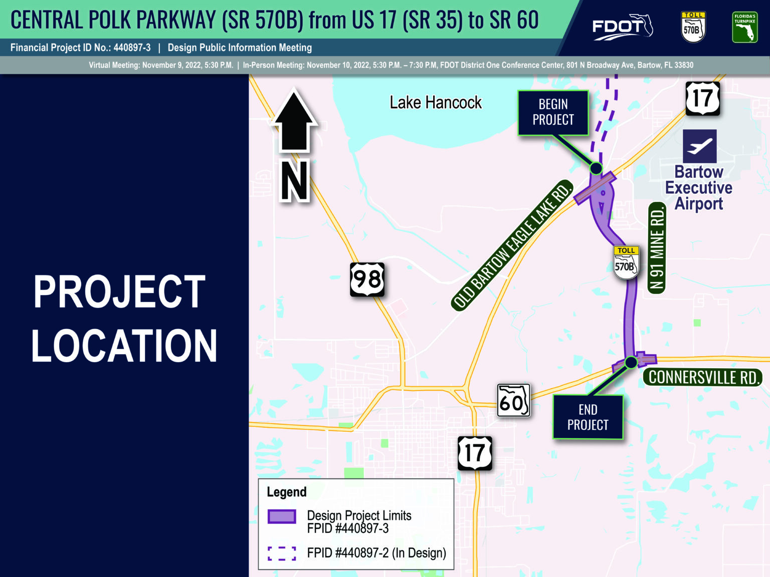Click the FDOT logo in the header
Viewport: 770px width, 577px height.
623,27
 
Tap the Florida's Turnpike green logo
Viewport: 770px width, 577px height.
745,27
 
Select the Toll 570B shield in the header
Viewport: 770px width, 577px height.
693,27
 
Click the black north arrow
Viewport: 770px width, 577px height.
294,120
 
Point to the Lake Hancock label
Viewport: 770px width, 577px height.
436,103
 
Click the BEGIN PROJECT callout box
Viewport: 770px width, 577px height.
553,113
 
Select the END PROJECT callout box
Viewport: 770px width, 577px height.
588,417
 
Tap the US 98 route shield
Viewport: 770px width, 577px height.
367,279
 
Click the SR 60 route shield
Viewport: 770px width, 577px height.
513,400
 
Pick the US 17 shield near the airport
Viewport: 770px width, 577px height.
703,99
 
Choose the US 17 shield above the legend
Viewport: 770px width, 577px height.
475,453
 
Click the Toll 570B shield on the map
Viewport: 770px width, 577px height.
626,262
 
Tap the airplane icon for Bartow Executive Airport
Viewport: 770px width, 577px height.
699,146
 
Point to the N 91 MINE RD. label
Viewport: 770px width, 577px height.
657,248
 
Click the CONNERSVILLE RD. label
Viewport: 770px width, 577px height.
703,377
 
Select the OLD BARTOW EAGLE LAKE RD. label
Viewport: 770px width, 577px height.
512,245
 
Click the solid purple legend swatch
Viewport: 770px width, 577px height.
282,516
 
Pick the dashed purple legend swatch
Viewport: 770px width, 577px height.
282,553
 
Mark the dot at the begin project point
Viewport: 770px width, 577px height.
596,168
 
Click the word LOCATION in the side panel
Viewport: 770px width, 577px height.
124,346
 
